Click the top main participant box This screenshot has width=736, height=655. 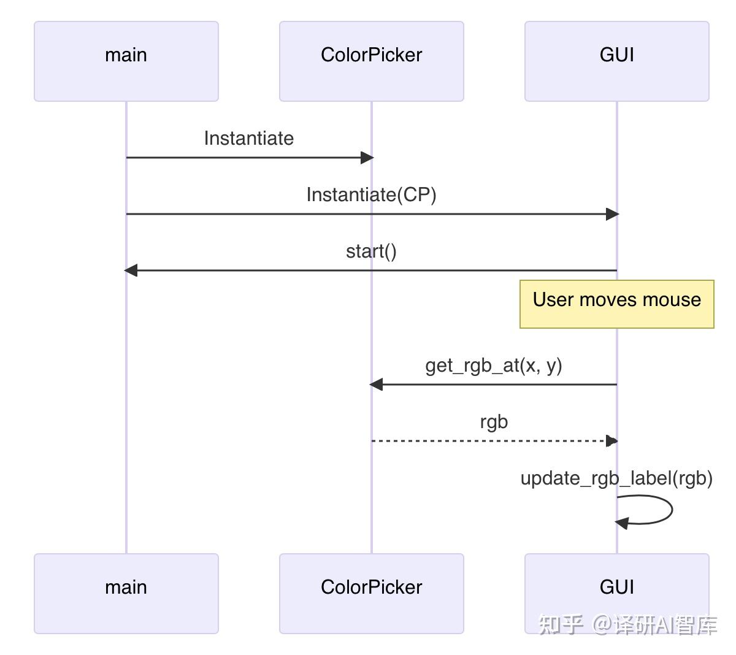tap(126, 61)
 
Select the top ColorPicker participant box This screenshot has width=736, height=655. tap(371, 61)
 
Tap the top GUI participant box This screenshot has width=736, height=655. tap(616, 61)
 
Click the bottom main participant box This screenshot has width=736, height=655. tap(126, 593)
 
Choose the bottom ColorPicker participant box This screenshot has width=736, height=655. tap(371, 593)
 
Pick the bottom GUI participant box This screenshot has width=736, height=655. tap(616, 593)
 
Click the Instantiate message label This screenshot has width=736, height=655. tap(248, 139)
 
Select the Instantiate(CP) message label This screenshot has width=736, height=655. tap(371, 195)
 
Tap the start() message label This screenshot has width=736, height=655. tap(371, 251)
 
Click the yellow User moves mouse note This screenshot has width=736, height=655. tap(616, 304)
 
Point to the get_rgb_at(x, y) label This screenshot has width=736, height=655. tap(494, 366)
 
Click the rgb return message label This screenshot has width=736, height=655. tap(494, 423)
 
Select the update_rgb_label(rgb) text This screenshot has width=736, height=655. tap(616, 478)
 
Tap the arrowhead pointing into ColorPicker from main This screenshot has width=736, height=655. tap(367, 158)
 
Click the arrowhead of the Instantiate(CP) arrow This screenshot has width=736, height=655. tap(612, 214)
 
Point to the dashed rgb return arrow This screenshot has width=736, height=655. tap(491, 441)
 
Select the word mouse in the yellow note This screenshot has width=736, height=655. tap(672, 300)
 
